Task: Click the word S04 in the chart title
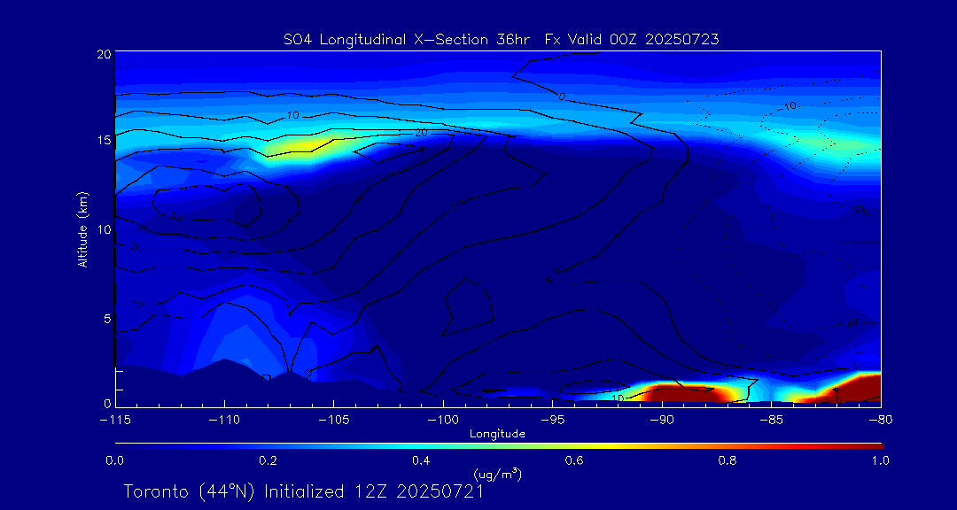tap(295, 39)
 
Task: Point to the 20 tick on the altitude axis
tap(104, 54)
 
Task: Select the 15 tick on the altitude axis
tap(104, 141)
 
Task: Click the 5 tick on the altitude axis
tap(107, 318)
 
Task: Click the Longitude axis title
tap(497, 434)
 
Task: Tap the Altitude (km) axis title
tap(82, 229)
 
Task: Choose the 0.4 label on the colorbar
tap(421, 460)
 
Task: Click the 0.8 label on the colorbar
tap(727, 460)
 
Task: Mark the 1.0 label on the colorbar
tap(880, 460)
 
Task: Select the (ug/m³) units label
tap(497, 475)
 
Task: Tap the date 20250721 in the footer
tap(440, 491)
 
